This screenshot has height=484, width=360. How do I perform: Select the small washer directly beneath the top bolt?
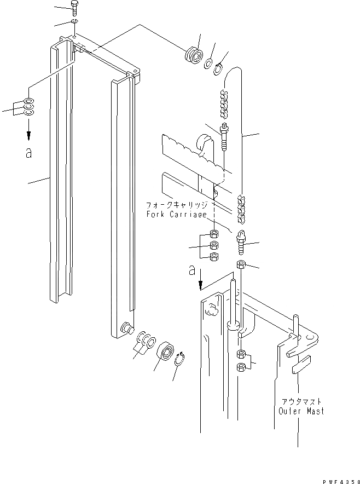74,22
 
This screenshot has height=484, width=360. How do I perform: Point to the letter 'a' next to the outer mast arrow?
191,269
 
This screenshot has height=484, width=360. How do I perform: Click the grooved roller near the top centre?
193,56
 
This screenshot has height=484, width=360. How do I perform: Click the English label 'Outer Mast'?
301,411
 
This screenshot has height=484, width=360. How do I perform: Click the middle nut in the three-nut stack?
214,245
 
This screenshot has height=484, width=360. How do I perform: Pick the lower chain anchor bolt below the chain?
241,241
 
